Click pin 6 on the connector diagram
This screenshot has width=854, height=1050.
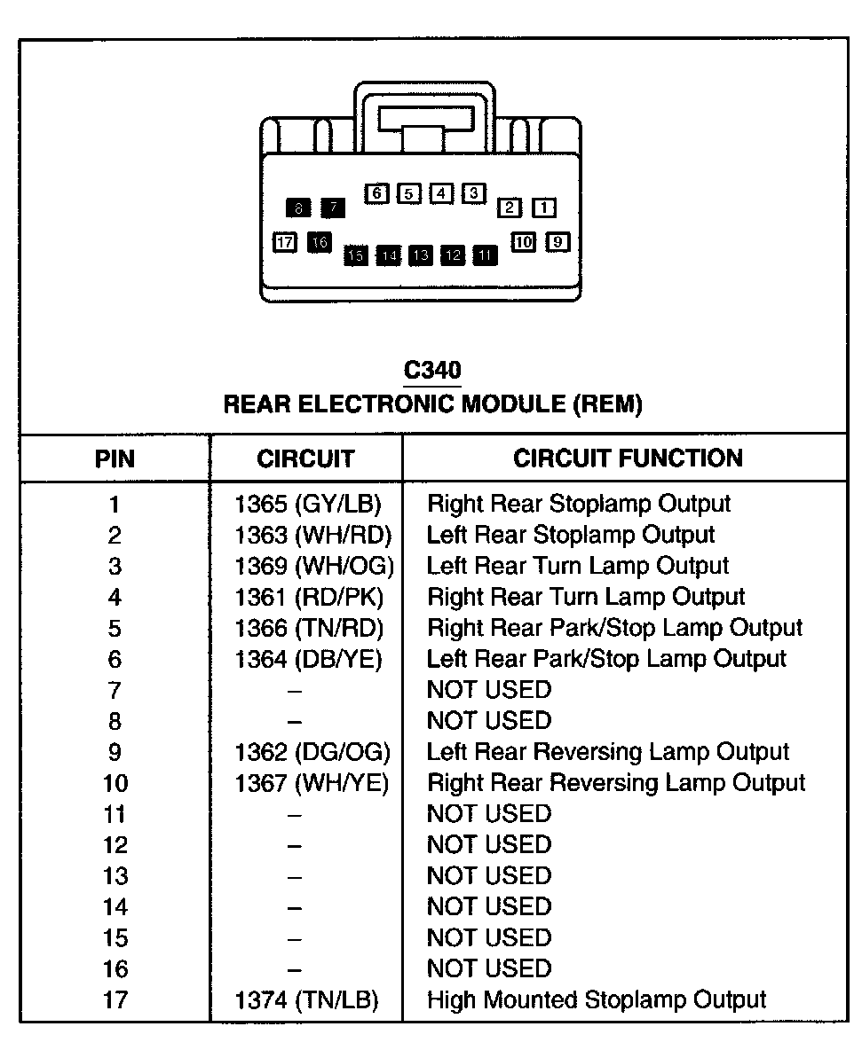point(377,192)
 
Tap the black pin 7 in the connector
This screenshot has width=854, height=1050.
point(333,208)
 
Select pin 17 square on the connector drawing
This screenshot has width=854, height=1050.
point(284,242)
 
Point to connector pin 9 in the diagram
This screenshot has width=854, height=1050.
point(557,240)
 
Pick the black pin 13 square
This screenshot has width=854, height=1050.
point(421,255)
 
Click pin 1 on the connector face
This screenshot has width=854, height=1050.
point(543,208)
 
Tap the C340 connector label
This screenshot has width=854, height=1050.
point(431,369)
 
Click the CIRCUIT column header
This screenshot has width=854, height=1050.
point(305,458)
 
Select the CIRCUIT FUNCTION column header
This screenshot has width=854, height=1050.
point(628,458)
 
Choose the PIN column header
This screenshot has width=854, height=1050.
point(115,458)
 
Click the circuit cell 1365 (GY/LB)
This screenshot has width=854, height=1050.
point(307,504)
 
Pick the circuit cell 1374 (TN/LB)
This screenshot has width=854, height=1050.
point(306,1000)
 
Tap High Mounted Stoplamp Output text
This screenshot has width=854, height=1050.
point(597,1000)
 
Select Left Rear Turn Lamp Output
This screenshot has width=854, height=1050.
point(578,566)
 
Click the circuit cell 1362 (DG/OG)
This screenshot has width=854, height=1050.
point(312,752)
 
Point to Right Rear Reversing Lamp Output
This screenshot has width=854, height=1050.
point(616,783)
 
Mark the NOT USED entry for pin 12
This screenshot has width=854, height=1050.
point(489,845)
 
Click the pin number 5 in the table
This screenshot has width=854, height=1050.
point(115,629)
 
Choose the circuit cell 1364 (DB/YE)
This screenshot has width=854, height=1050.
point(308,659)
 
